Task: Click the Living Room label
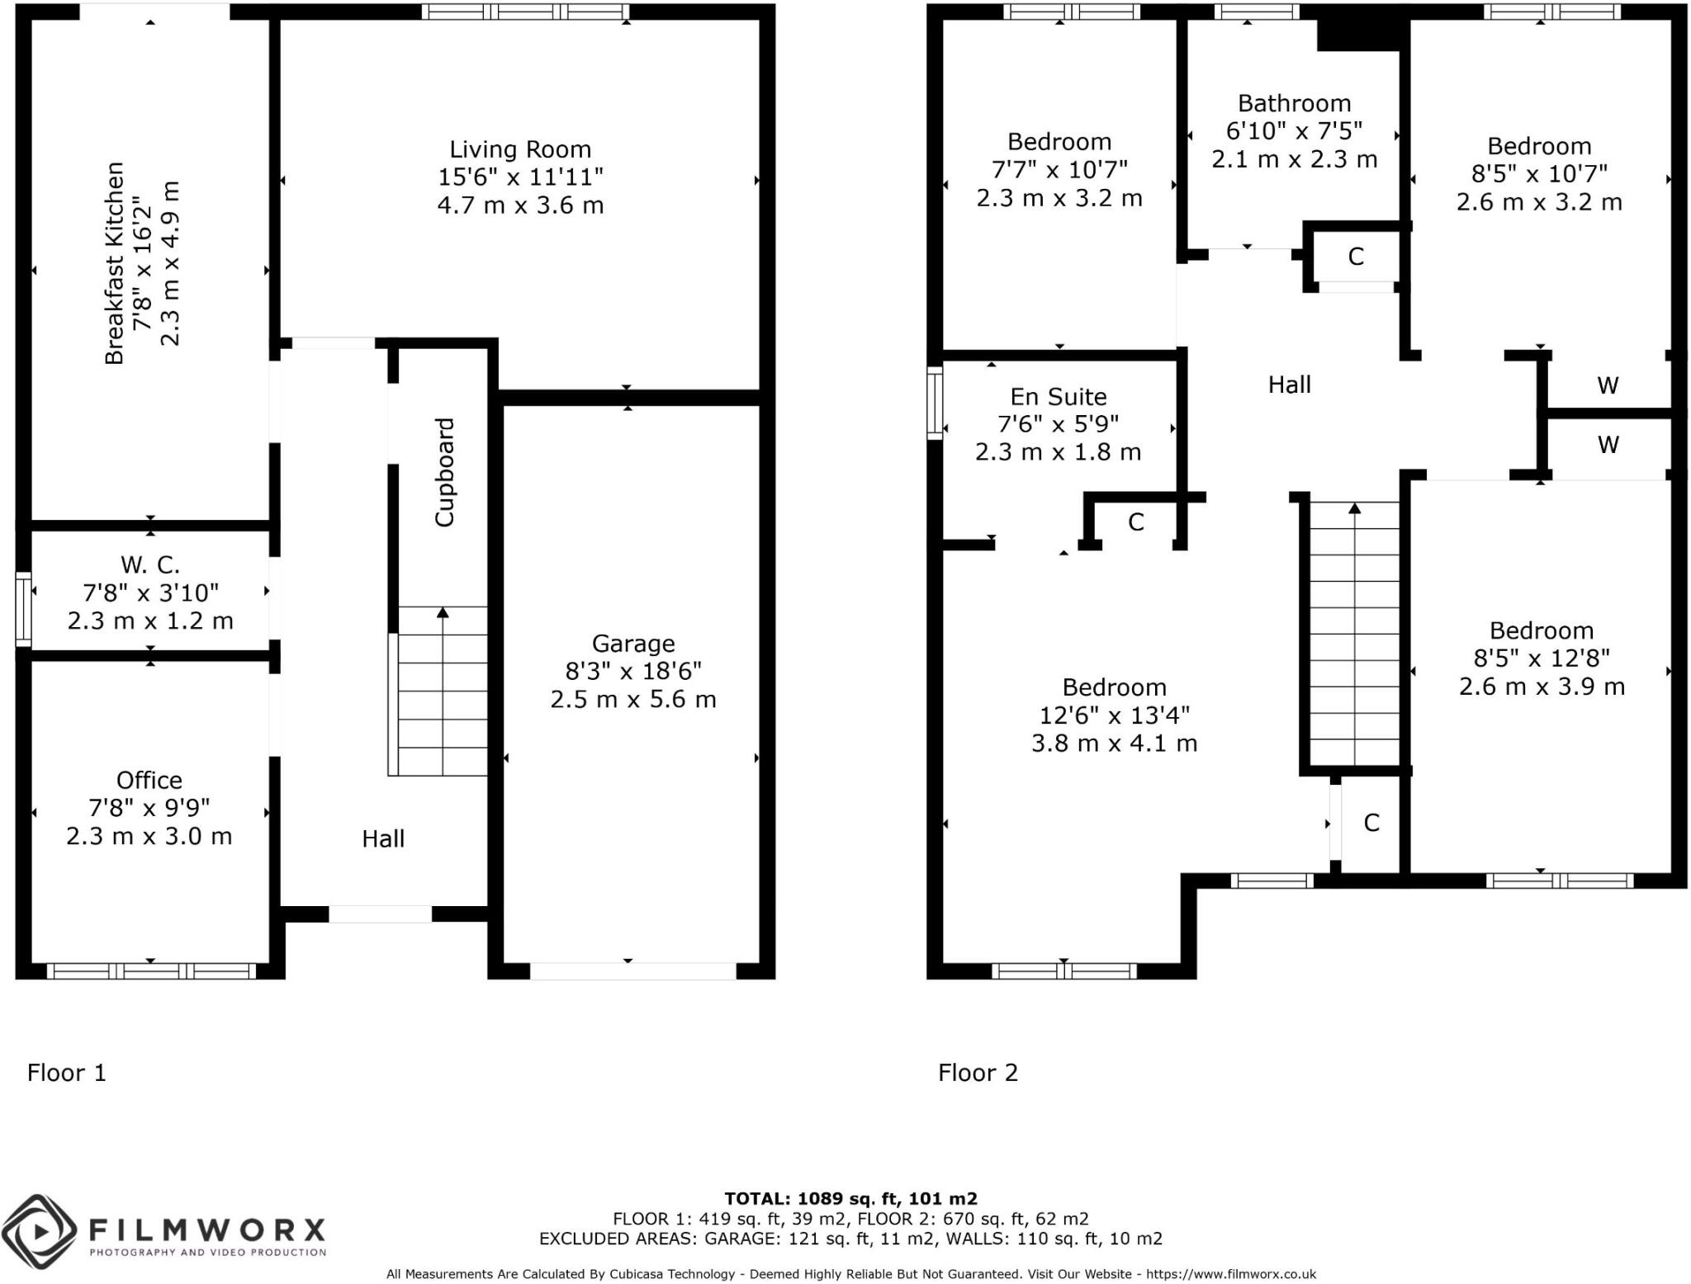coord(520,149)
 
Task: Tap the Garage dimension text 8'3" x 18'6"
coord(632,671)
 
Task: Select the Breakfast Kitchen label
coord(115,263)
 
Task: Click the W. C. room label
coord(149,565)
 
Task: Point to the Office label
coord(149,780)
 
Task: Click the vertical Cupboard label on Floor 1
coord(445,472)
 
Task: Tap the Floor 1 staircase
coord(443,692)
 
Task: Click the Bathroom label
coord(1294,104)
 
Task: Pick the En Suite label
coord(1059,397)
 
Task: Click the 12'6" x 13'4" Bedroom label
coord(1114,687)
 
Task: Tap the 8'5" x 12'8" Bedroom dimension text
coord(1542,659)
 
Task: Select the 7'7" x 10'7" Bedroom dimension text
coord(1059,170)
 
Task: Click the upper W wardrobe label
coord(1607,385)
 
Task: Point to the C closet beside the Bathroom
coord(1355,257)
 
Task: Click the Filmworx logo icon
coord(39,1232)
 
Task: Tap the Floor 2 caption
coord(978,1073)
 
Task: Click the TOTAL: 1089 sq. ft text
coord(850,1198)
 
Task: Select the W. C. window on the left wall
coord(23,609)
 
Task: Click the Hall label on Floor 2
coord(1289,385)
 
